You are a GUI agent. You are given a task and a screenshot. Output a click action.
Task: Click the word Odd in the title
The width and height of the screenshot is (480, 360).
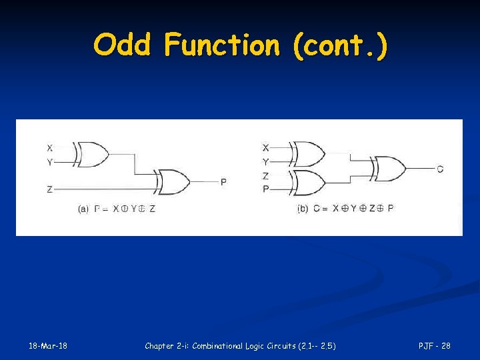click(x=124, y=45)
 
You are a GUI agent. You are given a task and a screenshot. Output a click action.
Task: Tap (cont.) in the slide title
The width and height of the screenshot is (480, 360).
click(x=338, y=45)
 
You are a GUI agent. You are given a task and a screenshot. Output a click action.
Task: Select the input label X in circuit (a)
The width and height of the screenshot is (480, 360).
click(x=50, y=147)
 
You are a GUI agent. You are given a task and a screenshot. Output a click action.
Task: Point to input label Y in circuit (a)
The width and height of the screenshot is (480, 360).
click(x=50, y=161)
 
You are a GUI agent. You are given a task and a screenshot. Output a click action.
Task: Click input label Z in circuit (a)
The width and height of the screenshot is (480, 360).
click(x=50, y=189)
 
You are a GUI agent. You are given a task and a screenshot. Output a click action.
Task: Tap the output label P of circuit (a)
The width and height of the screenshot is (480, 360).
click(x=223, y=181)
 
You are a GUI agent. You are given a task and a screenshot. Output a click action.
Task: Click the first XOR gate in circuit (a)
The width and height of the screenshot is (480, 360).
click(x=93, y=154)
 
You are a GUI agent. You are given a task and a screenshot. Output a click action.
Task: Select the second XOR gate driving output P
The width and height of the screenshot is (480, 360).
click(x=173, y=181)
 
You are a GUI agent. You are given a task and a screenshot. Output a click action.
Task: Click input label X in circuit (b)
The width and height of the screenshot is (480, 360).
click(x=265, y=147)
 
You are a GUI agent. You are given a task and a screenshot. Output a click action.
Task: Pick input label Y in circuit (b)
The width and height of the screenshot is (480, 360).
click(x=265, y=161)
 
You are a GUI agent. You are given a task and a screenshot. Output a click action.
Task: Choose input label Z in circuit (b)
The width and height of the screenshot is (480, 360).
click(x=265, y=176)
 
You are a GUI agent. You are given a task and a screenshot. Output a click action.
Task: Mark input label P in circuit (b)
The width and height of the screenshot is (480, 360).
click(x=265, y=189)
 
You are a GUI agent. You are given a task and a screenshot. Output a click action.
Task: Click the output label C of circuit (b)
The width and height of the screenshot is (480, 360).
click(x=440, y=169)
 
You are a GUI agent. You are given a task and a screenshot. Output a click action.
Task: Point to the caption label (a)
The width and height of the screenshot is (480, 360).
click(x=83, y=209)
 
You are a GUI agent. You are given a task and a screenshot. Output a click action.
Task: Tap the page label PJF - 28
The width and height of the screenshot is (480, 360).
click(x=434, y=345)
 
